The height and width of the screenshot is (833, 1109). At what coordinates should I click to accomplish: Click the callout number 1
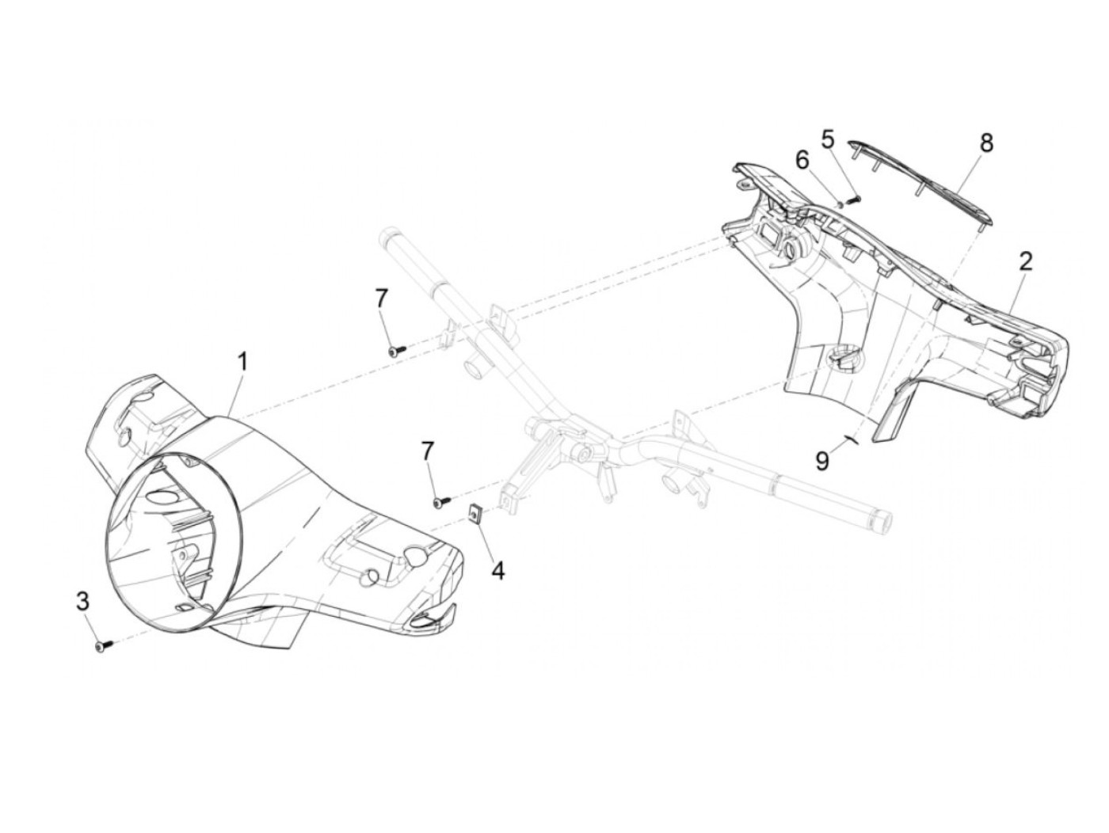click(x=243, y=363)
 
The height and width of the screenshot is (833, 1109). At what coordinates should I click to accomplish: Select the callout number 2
click(x=1025, y=261)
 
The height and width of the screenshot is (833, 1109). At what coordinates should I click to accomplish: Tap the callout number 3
click(x=82, y=601)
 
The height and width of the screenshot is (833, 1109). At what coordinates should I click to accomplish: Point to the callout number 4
click(x=497, y=569)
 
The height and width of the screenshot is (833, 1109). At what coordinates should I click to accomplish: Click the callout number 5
click(x=827, y=140)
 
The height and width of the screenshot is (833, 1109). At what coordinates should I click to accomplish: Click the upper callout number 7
click(x=382, y=299)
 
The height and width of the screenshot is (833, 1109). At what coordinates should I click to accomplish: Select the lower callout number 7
click(x=428, y=451)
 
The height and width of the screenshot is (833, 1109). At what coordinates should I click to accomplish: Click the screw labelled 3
click(x=101, y=647)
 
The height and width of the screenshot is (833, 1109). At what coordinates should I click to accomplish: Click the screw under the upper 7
click(x=397, y=349)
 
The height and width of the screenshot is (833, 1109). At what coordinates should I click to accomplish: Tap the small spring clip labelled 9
click(x=852, y=440)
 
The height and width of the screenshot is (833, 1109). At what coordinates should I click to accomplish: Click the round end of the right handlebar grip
click(x=882, y=523)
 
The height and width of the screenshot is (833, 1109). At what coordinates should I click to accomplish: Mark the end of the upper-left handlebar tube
click(x=391, y=235)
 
